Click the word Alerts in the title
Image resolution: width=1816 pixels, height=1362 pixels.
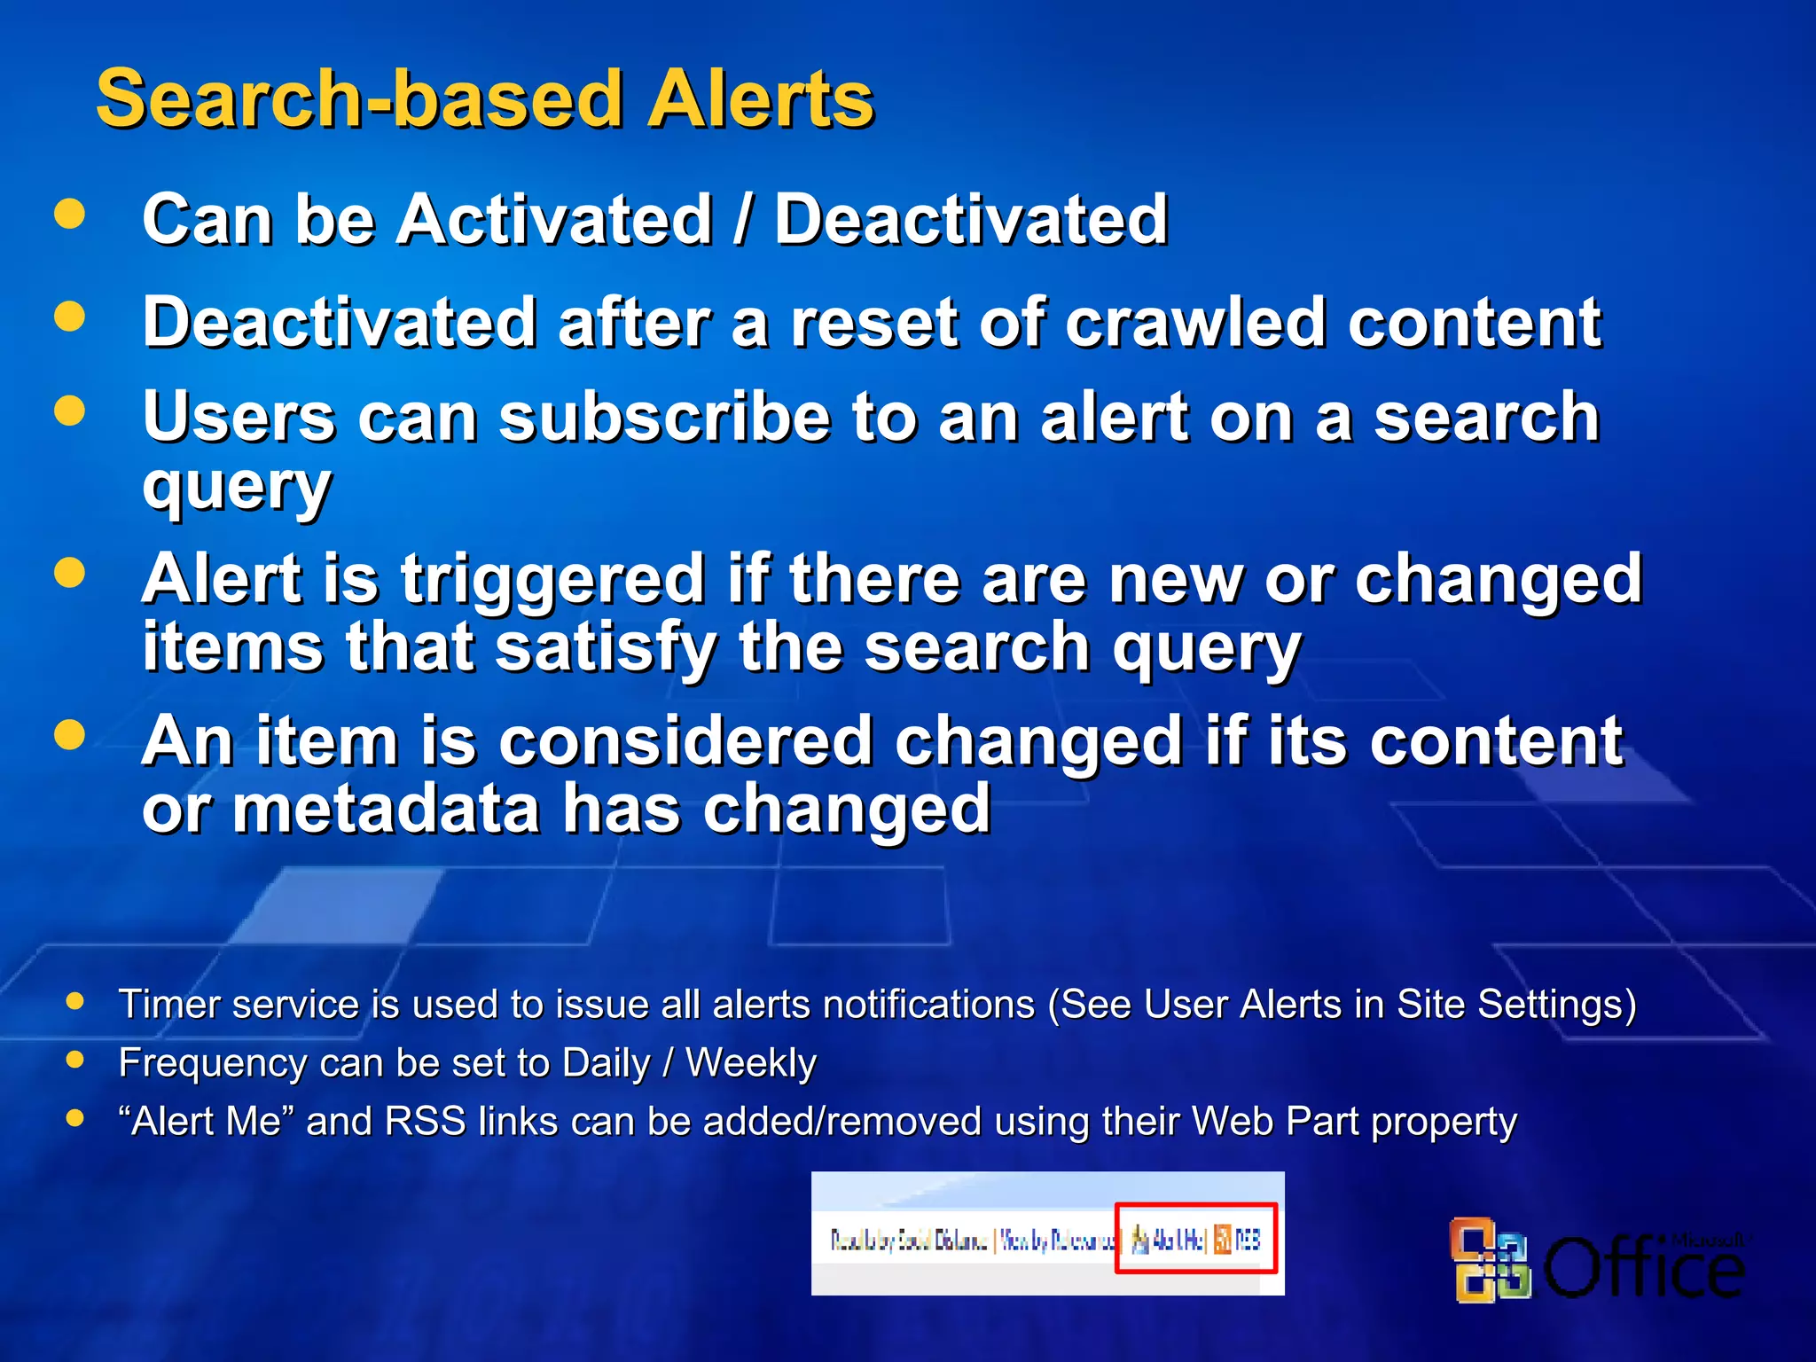[x=761, y=99]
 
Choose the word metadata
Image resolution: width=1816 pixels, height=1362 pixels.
[x=386, y=809]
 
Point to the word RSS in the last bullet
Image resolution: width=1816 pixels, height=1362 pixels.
[x=425, y=1121]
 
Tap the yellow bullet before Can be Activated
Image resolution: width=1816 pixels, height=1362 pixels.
[x=69, y=214]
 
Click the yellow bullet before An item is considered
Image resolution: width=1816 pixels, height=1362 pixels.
[x=69, y=734]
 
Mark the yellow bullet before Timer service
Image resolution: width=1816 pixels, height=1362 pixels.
[x=75, y=1001]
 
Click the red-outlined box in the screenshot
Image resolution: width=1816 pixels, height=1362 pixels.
[x=1195, y=1238]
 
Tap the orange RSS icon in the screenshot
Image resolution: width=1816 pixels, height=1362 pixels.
[x=1223, y=1239]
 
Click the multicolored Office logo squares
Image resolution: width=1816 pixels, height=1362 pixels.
[x=1490, y=1260]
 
